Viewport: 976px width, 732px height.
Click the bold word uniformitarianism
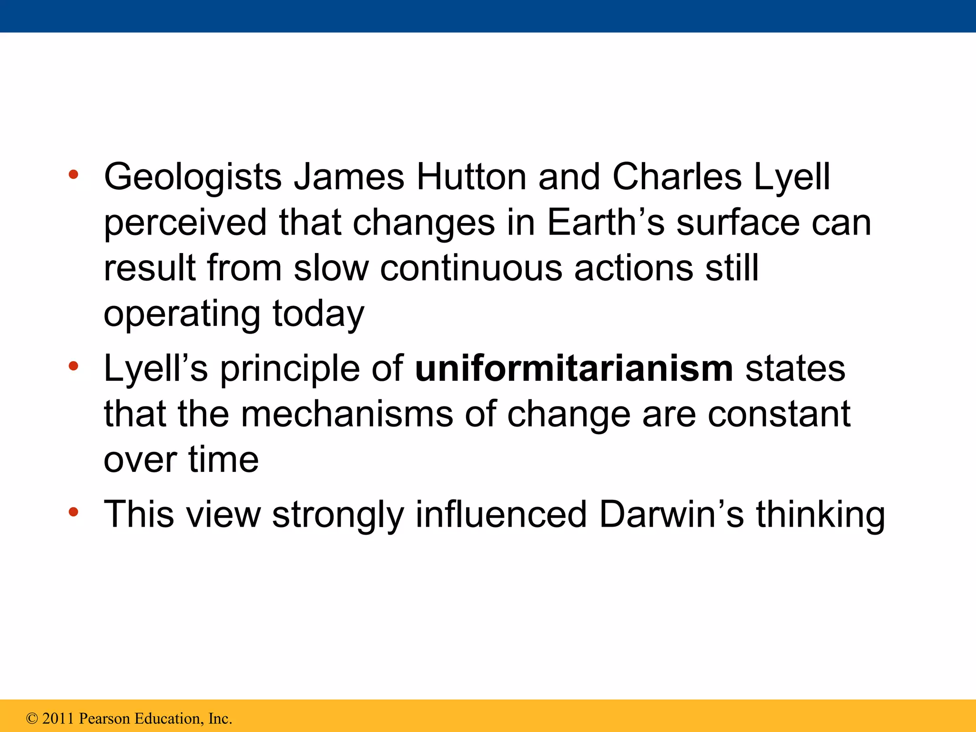pos(574,369)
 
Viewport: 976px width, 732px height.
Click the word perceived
pos(185,223)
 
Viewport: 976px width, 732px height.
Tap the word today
pos(318,314)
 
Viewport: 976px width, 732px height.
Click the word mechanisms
pos(346,414)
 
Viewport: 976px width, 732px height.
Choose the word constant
pos(779,414)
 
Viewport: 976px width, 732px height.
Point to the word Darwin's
pos(671,515)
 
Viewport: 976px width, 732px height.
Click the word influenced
pos(501,515)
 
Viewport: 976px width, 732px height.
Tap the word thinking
pos(820,515)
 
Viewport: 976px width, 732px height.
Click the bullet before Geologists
pos(73,174)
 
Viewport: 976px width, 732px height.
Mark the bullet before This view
pos(73,512)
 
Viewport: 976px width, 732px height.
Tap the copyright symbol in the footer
pos(32,719)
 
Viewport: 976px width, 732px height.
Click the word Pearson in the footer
pos(104,719)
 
